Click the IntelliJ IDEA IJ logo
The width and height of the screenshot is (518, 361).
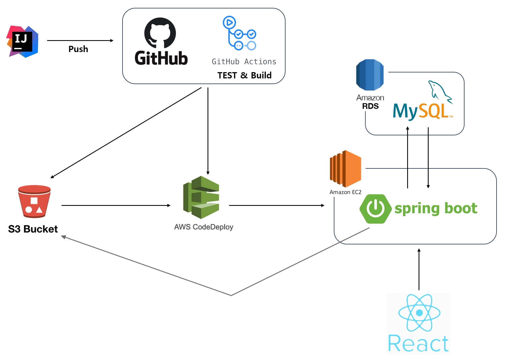22,41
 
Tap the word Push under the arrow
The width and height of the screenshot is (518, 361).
78,49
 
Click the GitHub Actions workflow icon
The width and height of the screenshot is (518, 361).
239,33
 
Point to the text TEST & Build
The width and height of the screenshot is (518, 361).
244,75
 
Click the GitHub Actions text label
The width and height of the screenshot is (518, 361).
244,62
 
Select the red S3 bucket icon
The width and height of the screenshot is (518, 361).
34,201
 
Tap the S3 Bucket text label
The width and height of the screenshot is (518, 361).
33,229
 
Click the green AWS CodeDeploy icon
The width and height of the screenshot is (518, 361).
201,197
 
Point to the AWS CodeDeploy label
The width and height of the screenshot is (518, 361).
203,227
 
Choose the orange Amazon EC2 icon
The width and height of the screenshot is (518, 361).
345,169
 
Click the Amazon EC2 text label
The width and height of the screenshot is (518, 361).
345,192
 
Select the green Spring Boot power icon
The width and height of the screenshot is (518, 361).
375,209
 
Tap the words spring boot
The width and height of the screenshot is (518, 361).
436,208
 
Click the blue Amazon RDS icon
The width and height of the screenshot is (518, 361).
370,75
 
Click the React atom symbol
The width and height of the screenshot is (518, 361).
419,313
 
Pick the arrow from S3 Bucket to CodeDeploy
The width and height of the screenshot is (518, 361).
116,205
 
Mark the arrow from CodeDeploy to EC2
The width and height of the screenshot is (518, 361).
277,205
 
